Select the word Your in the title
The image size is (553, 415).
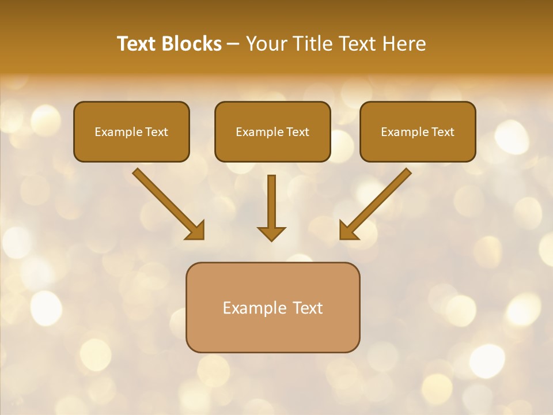coord(266,44)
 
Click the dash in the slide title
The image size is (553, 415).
coord(234,44)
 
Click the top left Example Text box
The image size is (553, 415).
coord(131,131)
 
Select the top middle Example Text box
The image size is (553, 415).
coord(272,131)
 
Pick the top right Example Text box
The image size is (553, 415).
coord(418,131)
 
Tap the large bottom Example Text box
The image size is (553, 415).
coord(272,307)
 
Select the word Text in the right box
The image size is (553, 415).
coord(442,132)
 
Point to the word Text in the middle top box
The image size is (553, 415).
coord(297,132)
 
